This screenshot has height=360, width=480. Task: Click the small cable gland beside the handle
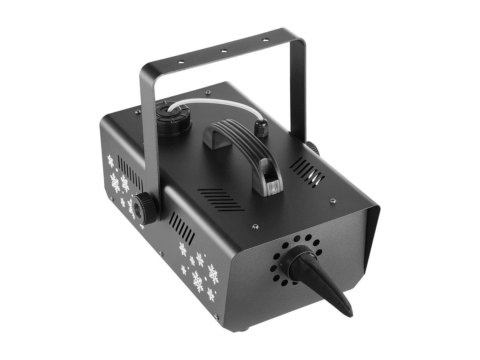click(x=261, y=128)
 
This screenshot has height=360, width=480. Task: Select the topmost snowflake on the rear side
click(x=111, y=161)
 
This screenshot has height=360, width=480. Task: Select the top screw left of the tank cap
click(x=138, y=112)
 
